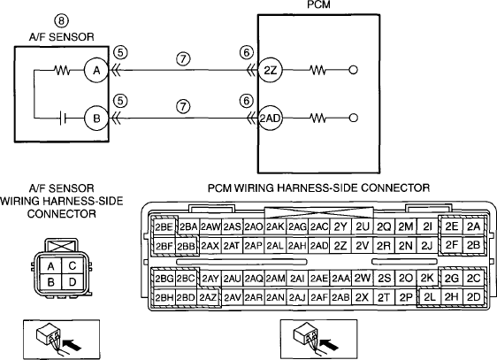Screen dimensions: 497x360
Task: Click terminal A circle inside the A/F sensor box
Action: coord(96,71)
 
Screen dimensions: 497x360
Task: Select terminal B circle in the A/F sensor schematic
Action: coord(96,119)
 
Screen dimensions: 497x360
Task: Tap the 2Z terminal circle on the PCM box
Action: coord(270,71)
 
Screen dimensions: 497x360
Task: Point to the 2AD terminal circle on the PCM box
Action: coord(270,119)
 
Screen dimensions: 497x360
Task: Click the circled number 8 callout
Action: coord(62,21)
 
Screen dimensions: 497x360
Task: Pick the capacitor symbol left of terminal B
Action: coord(63,119)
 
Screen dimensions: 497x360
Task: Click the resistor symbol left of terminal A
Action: coord(63,71)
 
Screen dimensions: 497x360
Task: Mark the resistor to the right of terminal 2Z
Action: coord(317,70)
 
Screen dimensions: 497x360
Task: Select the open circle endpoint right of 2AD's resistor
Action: coord(353,119)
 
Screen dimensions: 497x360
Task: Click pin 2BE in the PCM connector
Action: coord(164,227)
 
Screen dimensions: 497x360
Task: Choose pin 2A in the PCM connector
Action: coord(473,226)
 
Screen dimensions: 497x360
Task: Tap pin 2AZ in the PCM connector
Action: coord(208,297)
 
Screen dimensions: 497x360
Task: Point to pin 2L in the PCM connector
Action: coord(430,297)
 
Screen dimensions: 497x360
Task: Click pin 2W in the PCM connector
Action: coord(363,279)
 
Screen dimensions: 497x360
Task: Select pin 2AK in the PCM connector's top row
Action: coord(275,227)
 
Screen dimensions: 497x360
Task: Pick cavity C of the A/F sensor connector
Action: coord(73,265)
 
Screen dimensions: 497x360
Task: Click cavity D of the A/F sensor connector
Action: coord(73,281)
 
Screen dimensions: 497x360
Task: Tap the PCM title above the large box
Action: coord(318,4)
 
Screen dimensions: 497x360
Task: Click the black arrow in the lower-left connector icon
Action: coord(73,344)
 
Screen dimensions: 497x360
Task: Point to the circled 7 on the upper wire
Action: coord(184,58)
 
